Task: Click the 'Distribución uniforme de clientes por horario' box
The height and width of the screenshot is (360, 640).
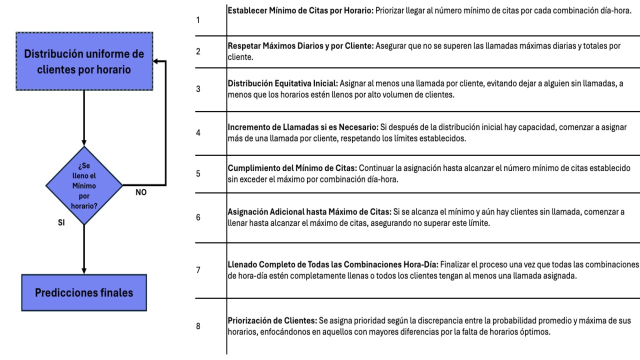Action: point(84,61)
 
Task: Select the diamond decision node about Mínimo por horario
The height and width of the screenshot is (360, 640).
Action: point(84,185)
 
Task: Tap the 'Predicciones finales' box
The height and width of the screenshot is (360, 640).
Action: point(84,292)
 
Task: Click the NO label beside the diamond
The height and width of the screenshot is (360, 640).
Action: point(141,191)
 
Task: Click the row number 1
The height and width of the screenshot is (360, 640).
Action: point(198,20)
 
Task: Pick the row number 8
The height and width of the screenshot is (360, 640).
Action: point(198,326)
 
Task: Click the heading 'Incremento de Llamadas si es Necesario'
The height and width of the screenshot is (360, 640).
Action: point(302,127)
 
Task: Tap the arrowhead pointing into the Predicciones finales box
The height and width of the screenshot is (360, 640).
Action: point(84,270)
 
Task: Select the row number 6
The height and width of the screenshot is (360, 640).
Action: point(198,218)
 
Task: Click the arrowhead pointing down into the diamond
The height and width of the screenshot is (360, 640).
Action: point(84,142)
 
